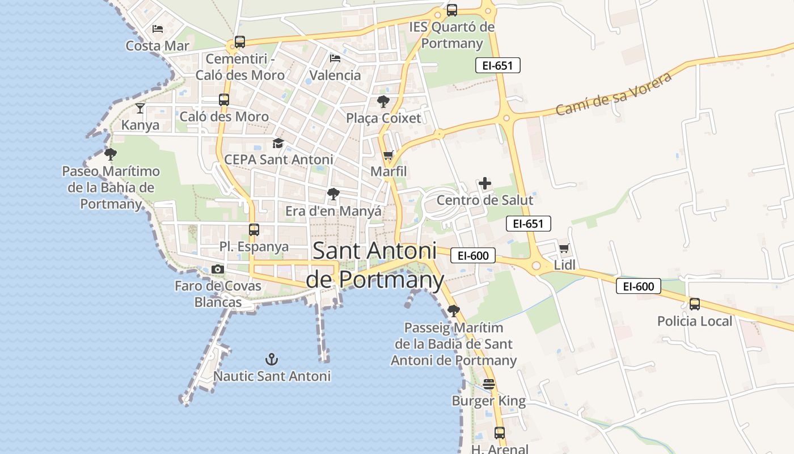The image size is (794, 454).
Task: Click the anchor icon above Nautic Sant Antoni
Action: click(x=272, y=359)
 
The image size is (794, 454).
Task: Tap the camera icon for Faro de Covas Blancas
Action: click(x=218, y=270)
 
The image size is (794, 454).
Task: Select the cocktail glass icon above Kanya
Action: click(x=140, y=108)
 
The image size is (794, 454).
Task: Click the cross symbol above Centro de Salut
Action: click(x=485, y=183)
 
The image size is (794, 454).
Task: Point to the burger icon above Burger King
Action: click(x=489, y=384)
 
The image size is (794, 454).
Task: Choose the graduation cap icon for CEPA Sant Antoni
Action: click(x=278, y=143)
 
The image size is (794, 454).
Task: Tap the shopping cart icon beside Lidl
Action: click(x=564, y=248)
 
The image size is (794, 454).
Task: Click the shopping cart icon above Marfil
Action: click(x=388, y=155)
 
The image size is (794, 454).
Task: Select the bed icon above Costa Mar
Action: click(x=158, y=28)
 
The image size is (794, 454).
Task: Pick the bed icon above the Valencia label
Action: click(x=335, y=58)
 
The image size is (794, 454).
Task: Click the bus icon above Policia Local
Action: click(x=695, y=304)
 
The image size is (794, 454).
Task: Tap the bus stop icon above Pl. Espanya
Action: click(x=254, y=230)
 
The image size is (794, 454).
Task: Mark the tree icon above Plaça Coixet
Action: click(x=383, y=102)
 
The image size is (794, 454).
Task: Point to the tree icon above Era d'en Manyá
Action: click(x=333, y=194)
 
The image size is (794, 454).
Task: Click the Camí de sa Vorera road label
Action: click(x=614, y=94)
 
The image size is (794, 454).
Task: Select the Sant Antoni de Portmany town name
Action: click(x=374, y=265)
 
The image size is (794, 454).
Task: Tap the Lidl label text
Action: click(x=564, y=265)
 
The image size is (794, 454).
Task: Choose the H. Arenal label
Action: click(x=500, y=449)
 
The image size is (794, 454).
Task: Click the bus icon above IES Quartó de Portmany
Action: click(x=452, y=10)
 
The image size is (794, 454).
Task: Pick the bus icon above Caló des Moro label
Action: click(x=224, y=100)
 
